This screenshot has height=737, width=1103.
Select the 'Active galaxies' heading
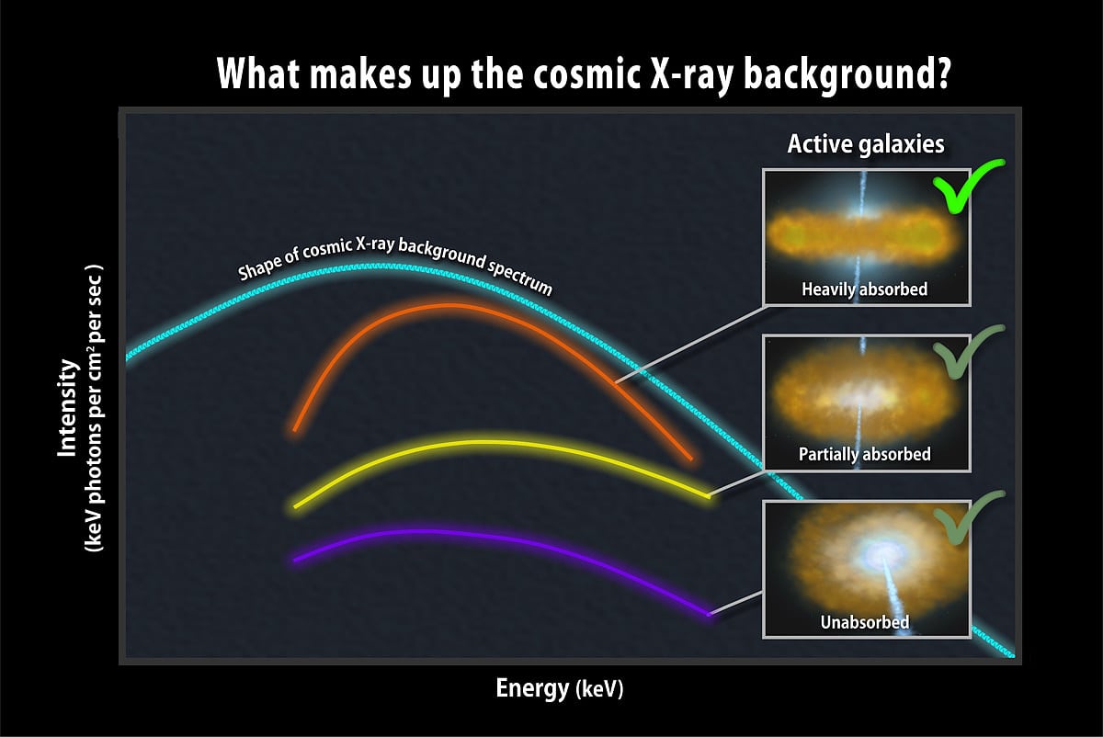(x=866, y=144)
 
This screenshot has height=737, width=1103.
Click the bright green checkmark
(x=968, y=186)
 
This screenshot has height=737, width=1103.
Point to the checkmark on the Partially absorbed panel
(x=968, y=350)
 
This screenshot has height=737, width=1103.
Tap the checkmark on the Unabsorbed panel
(x=968, y=517)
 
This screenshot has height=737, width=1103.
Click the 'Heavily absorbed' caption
(x=864, y=289)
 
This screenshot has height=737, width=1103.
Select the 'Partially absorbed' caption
(x=864, y=454)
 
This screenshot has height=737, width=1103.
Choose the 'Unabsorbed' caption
(x=864, y=622)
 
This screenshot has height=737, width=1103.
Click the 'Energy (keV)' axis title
(x=560, y=688)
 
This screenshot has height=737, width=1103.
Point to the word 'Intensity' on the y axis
(x=67, y=408)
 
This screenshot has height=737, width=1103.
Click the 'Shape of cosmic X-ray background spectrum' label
(x=395, y=262)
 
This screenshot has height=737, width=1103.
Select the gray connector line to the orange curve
(x=688, y=344)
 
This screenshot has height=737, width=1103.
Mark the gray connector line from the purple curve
(x=735, y=604)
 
